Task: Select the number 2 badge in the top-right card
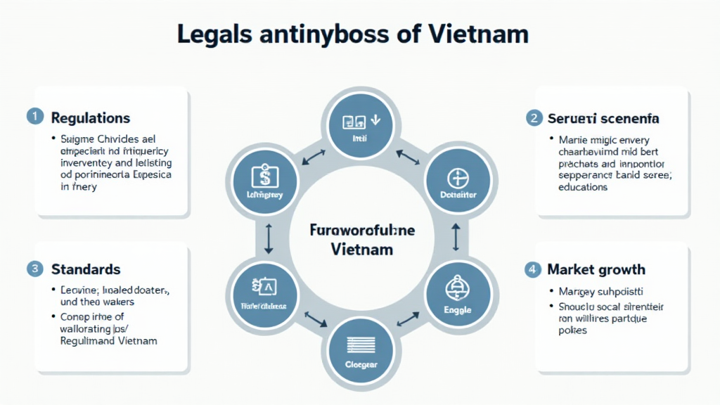534,117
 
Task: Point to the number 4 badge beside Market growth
534,269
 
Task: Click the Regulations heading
90,117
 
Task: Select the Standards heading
86,269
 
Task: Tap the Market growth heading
596,269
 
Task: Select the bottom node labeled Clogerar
361,352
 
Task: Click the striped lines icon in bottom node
361,345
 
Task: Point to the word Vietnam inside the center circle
361,250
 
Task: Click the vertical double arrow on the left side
268,239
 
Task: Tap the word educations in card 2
583,187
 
